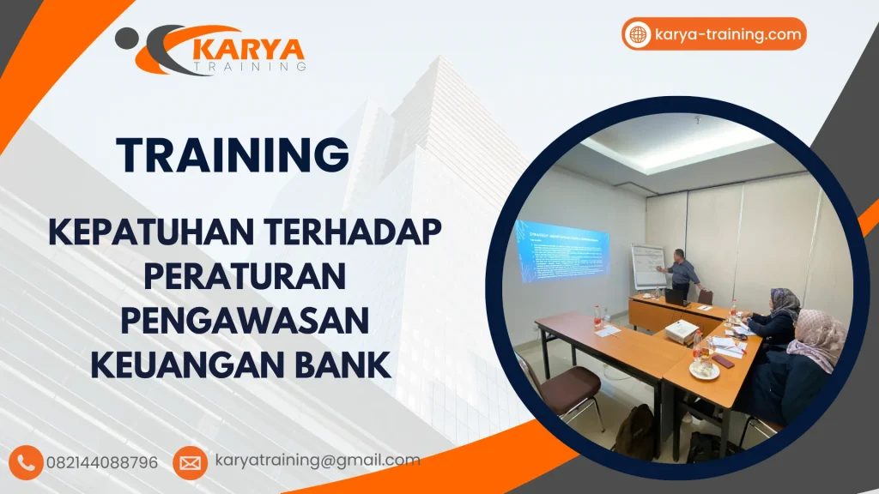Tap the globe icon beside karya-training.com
[638, 34]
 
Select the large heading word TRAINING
[233, 154]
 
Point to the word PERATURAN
[245, 275]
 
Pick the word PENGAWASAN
[245, 320]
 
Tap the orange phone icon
[27, 462]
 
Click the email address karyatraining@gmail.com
[318, 461]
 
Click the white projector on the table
[681, 329]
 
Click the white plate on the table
[704, 371]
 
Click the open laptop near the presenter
[675, 296]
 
